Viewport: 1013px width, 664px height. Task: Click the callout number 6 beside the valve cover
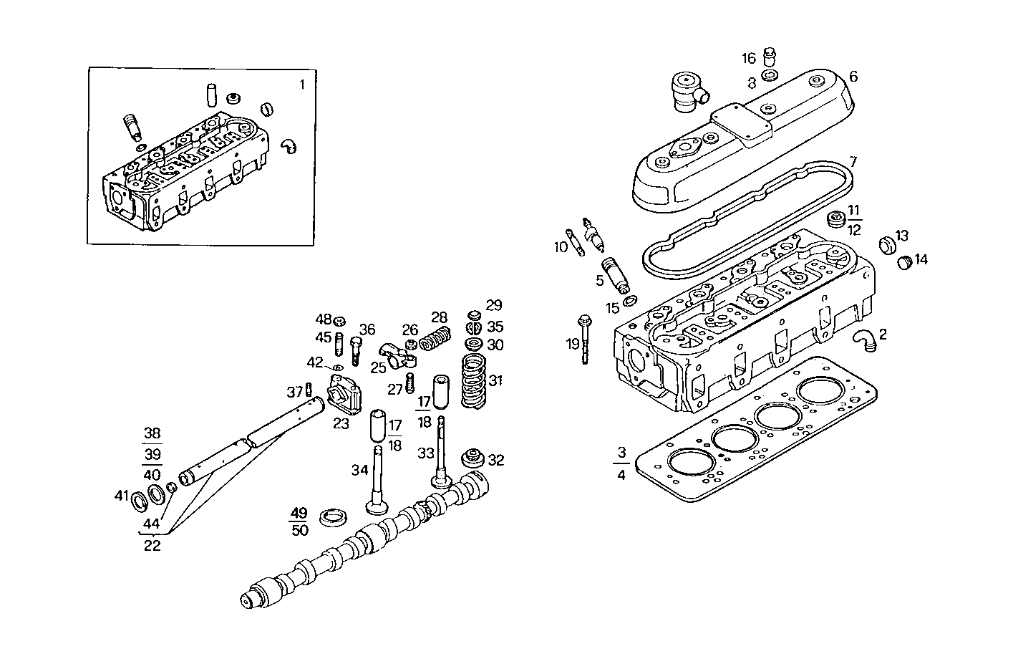coord(853,77)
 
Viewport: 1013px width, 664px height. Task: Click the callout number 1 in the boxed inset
coord(301,85)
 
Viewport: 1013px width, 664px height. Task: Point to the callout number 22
coord(152,545)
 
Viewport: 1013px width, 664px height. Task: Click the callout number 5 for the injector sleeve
coord(600,281)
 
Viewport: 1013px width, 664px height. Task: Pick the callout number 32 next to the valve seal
coord(495,460)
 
